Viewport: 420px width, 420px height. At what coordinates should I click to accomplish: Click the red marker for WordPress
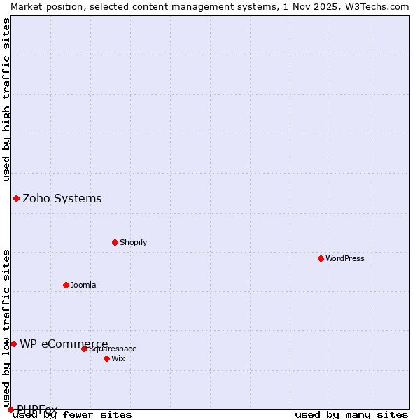tap(321, 258)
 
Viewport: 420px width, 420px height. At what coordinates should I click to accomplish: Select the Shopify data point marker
tap(115, 242)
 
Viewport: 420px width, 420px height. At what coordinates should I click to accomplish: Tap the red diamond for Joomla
tap(66, 285)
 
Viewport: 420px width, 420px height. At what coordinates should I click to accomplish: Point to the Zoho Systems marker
tap(16, 198)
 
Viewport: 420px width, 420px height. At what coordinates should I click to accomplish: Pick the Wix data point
tap(106, 358)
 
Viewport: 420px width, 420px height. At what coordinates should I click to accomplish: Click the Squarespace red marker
tap(84, 349)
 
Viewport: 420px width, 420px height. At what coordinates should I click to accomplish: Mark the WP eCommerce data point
tap(13, 344)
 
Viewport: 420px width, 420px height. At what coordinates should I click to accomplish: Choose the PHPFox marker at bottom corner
tap(10, 409)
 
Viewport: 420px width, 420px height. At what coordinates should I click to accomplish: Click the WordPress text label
tap(345, 258)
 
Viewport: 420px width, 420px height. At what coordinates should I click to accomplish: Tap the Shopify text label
tap(133, 242)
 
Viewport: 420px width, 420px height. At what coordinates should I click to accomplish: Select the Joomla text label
tap(83, 285)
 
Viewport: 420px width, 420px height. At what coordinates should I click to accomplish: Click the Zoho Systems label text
tap(62, 198)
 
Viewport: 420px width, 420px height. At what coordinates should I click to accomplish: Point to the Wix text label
tap(118, 358)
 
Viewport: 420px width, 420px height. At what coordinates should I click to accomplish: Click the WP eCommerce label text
tap(64, 344)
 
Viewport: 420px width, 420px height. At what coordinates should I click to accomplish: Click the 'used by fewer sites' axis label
tap(73, 415)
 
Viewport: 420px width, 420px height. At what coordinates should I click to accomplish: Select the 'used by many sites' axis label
tap(351, 415)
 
